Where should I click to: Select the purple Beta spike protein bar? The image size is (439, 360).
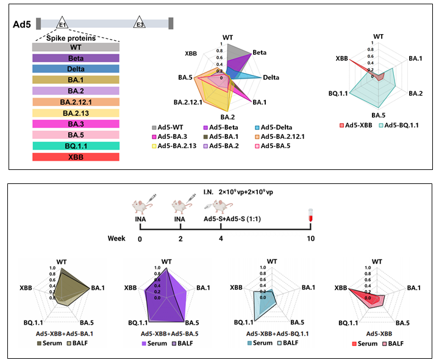coord(76,58)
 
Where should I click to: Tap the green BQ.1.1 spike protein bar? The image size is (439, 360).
coord(76,146)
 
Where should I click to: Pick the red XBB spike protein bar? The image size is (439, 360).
coord(76,157)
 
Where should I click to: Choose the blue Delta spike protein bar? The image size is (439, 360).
coord(76,69)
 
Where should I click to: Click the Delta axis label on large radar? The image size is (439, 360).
coord(272,78)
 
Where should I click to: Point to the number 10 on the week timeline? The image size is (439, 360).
coord(311,238)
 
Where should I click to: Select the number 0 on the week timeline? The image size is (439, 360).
coord(140,238)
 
